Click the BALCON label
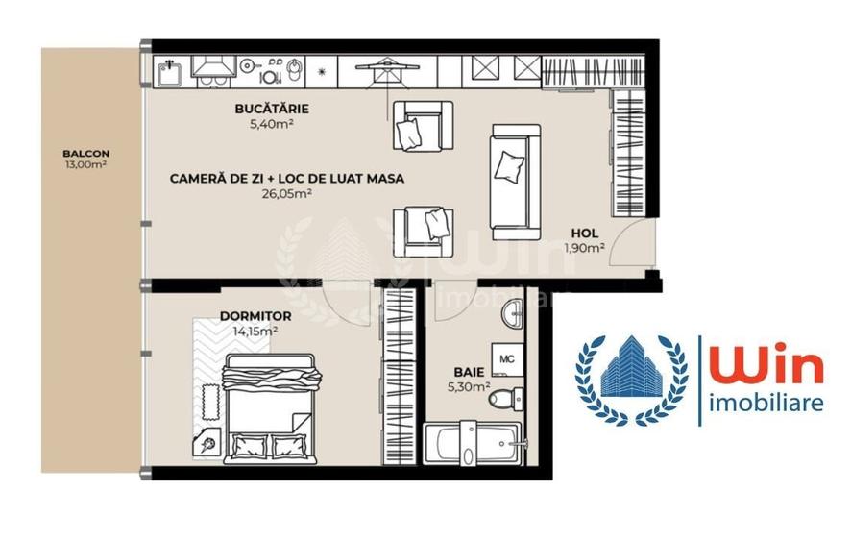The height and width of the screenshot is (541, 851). click(85, 153)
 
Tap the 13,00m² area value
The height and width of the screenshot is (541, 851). click(85, 164)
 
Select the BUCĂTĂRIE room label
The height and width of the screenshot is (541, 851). click(272, 110)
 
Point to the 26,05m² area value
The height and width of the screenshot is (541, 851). click(286, 193)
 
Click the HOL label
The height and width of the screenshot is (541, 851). click(585, 234)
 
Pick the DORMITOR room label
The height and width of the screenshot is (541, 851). click(255, 316)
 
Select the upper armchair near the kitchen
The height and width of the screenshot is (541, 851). click(421, 125)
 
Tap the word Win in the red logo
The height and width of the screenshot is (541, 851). click(765, 368)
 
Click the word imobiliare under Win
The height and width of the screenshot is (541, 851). click(765, 403)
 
